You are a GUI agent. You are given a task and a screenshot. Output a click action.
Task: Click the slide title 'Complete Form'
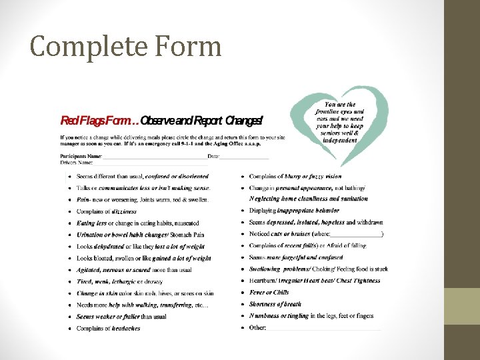coord(125,47)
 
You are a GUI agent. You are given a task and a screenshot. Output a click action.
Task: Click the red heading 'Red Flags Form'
coord(99,121)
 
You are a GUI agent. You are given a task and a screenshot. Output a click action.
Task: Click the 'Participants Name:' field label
coord(81,156)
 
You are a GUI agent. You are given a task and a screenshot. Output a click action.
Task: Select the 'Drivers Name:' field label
coord(77,162)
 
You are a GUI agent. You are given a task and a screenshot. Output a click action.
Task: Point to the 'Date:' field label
coord(213,156)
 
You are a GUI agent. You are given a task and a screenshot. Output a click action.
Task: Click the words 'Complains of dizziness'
coord(107,211)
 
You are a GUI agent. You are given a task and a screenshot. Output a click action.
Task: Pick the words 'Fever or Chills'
coord(269,293)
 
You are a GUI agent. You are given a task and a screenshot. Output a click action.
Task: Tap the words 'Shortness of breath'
coord(275,304)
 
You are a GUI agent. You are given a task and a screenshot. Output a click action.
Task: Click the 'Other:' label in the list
coord(257,327)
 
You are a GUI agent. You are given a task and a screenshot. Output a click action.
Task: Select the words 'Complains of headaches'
coord(109,328)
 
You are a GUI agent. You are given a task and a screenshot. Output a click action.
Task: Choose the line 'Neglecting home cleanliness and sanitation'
coord(308,199)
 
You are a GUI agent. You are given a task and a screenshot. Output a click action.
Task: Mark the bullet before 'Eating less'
coord(69,223)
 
